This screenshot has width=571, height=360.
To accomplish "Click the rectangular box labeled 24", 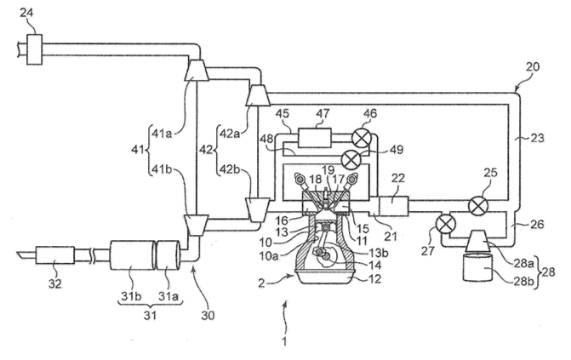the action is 35,49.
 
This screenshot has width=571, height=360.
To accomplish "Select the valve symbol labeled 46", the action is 362,138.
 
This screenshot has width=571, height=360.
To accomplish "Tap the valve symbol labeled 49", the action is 351,158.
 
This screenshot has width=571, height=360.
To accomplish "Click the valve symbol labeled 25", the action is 477,206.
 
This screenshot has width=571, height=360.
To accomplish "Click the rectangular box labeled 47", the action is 315,138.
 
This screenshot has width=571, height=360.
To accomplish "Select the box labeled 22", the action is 394,206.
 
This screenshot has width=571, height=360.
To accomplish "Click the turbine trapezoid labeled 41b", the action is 196,226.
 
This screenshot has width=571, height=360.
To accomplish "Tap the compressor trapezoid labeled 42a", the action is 258,94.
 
